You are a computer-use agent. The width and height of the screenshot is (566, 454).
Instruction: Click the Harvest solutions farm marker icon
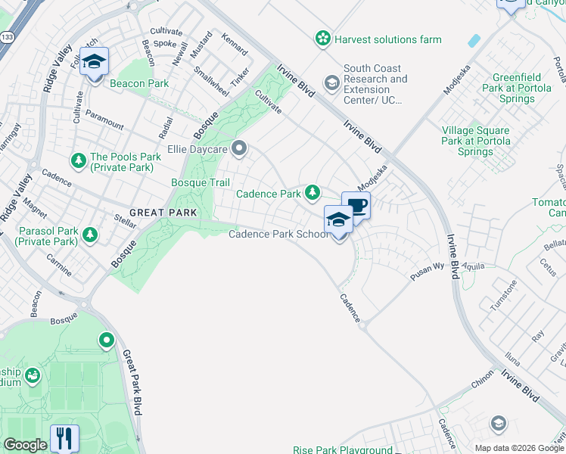click(323, 38)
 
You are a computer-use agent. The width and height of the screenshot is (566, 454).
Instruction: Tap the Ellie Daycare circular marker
click(240, 148)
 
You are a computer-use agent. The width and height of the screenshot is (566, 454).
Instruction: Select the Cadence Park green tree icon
click(312, 194)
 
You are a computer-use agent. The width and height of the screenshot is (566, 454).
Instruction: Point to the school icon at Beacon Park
click(94, 62)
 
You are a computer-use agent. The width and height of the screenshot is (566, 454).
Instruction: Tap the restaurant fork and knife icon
click(64, 437)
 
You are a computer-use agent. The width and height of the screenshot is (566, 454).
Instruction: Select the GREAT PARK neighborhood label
click(163, 213)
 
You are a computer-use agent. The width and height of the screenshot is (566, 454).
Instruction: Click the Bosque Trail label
click(200, 182)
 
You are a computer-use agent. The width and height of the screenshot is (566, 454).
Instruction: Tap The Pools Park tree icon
click(78, 160)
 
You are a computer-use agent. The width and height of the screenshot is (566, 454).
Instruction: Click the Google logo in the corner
click(25, 445)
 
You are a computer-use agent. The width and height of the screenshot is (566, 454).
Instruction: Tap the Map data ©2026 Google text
click(519, 448)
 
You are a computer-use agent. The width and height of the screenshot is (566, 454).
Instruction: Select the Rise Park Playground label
click(344, 449)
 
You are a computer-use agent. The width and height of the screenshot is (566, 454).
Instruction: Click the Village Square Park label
click(476, 141)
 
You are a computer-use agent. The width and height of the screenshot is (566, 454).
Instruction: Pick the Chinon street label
click(483, 384)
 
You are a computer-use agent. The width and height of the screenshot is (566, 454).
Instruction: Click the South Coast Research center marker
click(331, 82)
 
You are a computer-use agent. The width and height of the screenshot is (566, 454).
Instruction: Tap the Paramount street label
click(104, 119)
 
